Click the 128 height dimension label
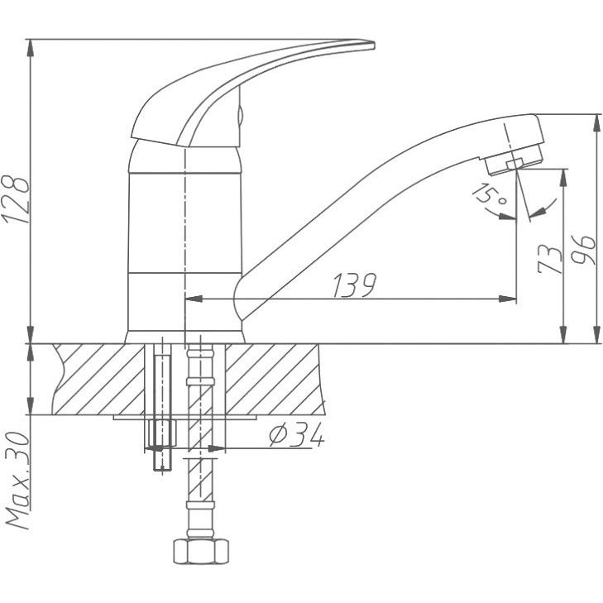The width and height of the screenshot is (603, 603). pos(16,200)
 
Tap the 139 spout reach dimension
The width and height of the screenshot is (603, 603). pos(354,285)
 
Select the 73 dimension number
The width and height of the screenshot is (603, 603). pos(550,259)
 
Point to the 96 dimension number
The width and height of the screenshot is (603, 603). pos(583,250)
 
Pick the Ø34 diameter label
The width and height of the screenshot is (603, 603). pos(297,435)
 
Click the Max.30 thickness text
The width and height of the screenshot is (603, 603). pos(18,481)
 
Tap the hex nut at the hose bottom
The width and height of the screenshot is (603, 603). pos(201,551)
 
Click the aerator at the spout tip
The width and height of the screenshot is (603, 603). pos(514,161)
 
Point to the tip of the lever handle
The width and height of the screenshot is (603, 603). pos(374,45)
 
